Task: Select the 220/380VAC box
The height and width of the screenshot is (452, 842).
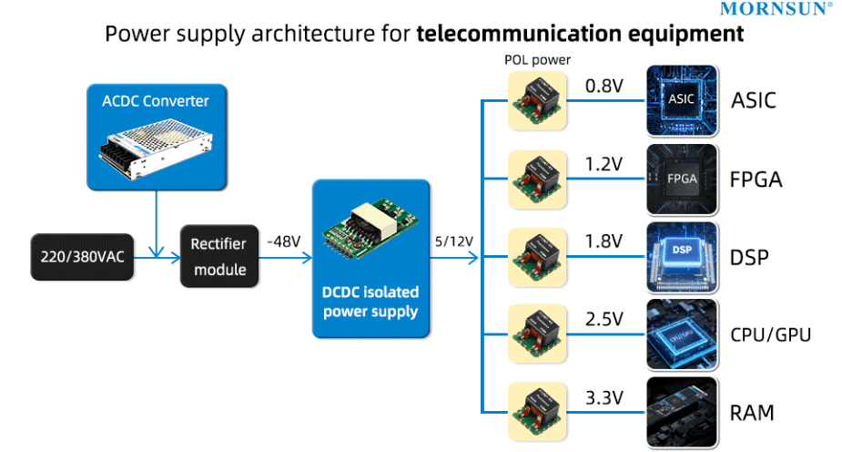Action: (x=82, y=257)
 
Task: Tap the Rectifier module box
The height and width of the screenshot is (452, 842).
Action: (x=218, y=257)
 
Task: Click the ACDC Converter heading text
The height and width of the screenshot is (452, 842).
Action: (x=156, y=101)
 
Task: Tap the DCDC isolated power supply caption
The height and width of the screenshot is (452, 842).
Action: (x=370, y=302)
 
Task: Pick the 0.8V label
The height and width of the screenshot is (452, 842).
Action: (x=604, y=85)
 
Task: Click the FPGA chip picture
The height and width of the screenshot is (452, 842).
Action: (x=682, y=179)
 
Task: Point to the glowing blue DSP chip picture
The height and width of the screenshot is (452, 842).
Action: (x=682, y=257)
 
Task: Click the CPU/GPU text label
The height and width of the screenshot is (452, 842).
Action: (x=770, y=335)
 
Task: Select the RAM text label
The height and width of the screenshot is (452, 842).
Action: (x=752, y=413)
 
